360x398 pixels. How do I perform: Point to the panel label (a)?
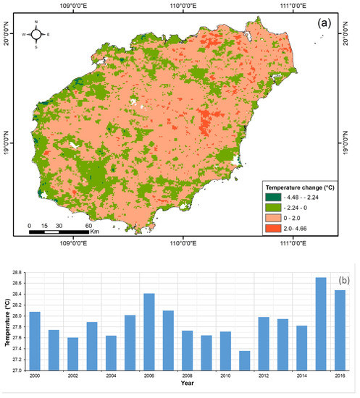pyautogui.click(x=325, y=22)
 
